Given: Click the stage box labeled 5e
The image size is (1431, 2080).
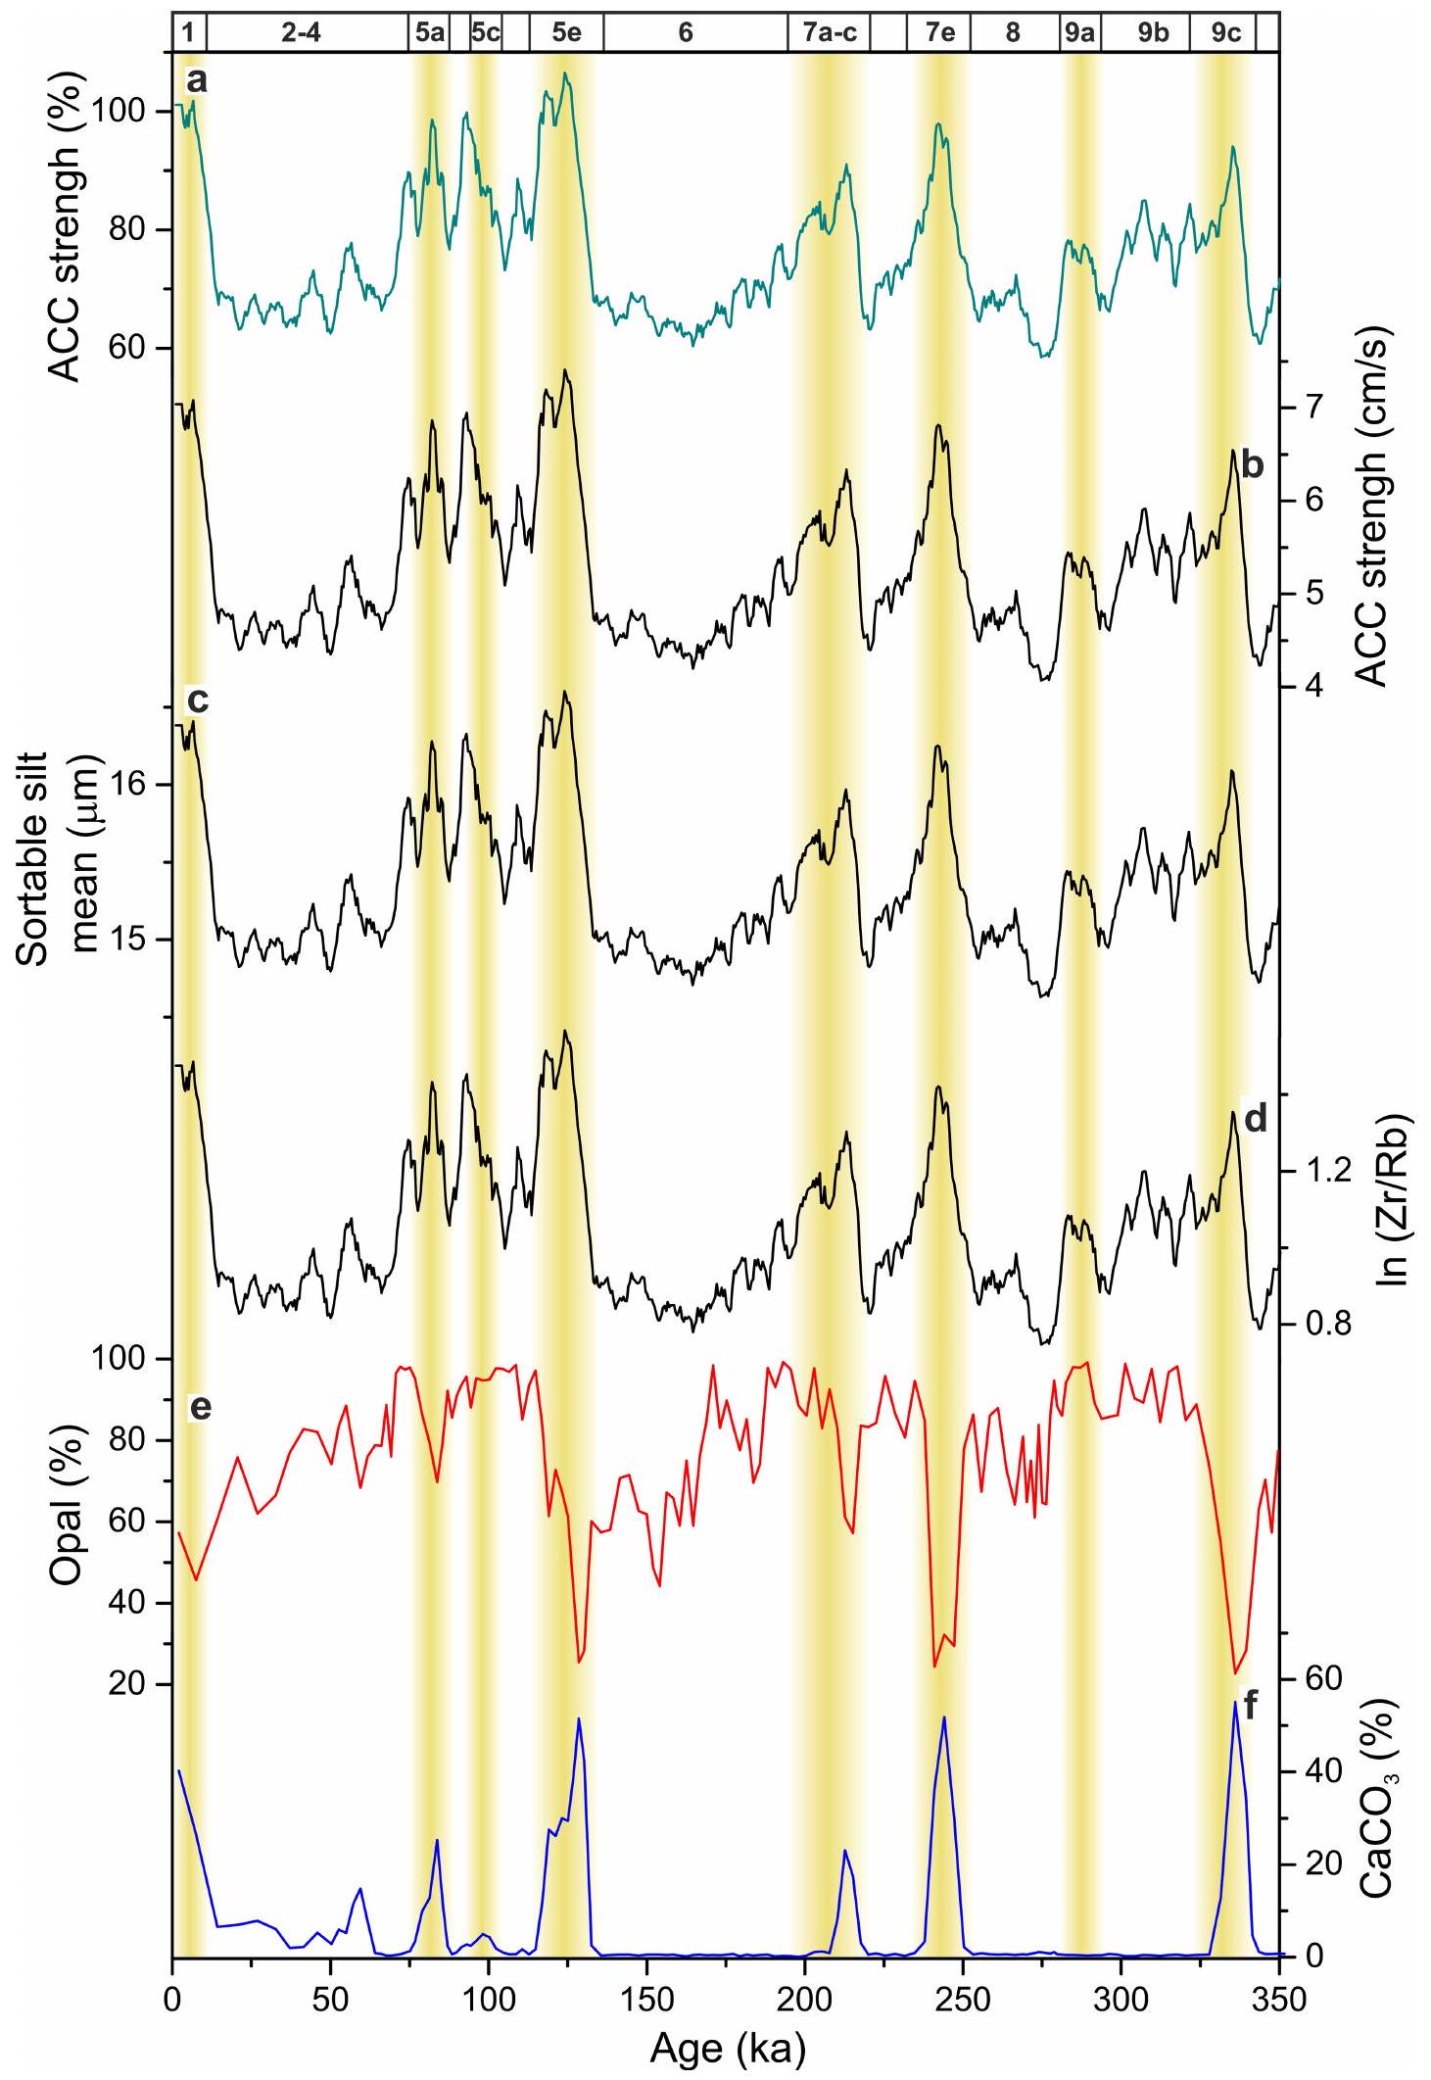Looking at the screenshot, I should [566, 32].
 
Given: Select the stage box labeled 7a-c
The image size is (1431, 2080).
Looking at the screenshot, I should [830, 32].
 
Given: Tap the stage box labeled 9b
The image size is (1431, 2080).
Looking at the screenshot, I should [1153, 32].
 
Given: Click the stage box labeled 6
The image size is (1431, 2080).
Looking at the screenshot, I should [686, 32].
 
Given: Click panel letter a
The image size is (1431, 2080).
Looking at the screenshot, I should [197, 81].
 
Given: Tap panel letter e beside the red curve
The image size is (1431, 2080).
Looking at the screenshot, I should [200, 1407].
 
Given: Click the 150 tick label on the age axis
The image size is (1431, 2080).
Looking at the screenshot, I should [645, 1999].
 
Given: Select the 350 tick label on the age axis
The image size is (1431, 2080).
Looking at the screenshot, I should [1279, 1999].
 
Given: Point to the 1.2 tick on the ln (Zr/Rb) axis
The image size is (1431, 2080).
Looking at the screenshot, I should [1324, 1171].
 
